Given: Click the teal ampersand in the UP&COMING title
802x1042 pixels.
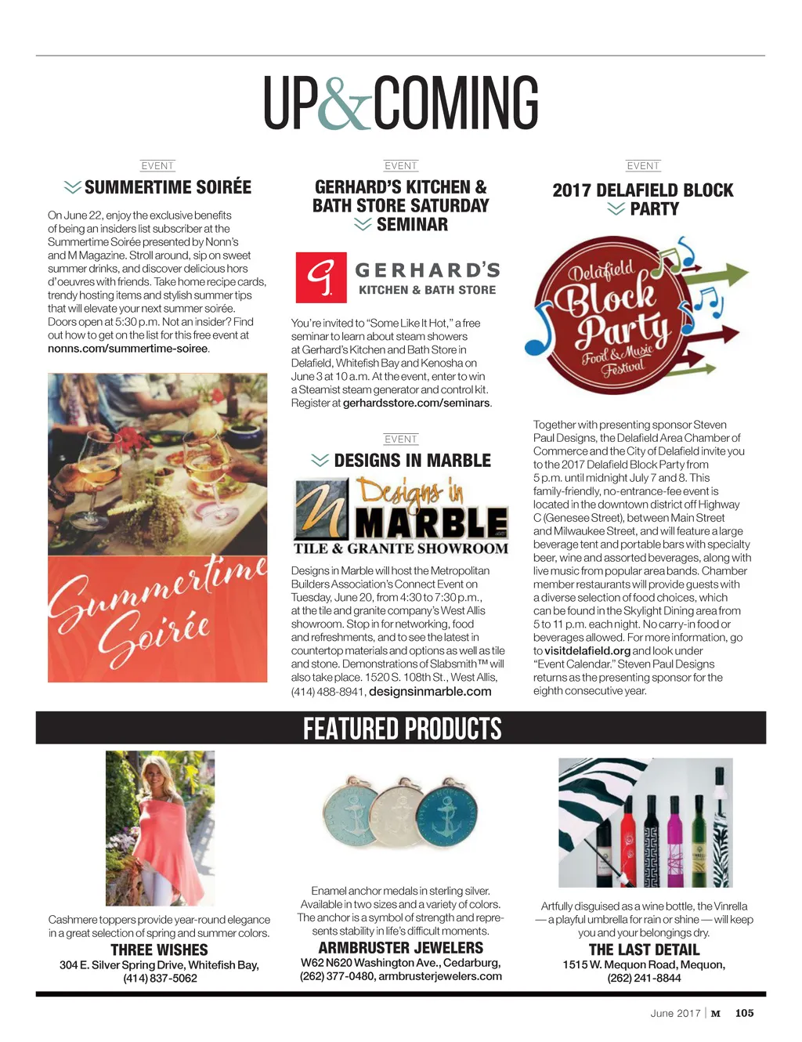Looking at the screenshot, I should pyautogui.click(x=345, y=103).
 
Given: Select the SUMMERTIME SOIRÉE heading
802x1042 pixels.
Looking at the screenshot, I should pyautogui.click(x=168, y=187).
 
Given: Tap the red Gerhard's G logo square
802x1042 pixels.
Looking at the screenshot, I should pyautogui.click(x=320, y=277).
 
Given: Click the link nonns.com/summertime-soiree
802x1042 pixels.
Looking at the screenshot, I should pyautogui.click(x=128, y=349).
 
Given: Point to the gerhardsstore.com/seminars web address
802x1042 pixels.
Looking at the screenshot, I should pyautogui.click(x=416, y=403).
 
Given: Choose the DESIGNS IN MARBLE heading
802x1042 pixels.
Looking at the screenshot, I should pyautogui.click(x=412, y=461).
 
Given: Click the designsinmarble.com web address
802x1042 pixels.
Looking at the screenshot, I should pyautogui.click(x=430, y=691).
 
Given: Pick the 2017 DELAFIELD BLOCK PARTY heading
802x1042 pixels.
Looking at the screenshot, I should pyautogui.click(x=643, y=199).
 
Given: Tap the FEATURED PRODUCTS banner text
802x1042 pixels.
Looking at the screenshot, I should pyautogui.click(x=402, y=729).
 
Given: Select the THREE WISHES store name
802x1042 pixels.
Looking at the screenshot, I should pyautogui.click(x=159, y=950).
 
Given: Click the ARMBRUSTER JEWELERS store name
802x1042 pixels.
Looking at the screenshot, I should pyautogui.click(x=400, y=948).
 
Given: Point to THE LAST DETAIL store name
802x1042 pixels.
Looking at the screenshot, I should pyautogui.click(x=644, y=950).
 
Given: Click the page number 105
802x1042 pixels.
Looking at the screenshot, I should pyautogui.click(x=744, y=1013).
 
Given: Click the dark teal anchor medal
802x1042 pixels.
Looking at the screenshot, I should pyautogui.click(x=447, y=816).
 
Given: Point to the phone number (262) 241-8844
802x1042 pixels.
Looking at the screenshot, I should pyautogui.click(x=644, y=978).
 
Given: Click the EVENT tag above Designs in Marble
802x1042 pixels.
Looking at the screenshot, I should pyautogui.click(x=401, y=440).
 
